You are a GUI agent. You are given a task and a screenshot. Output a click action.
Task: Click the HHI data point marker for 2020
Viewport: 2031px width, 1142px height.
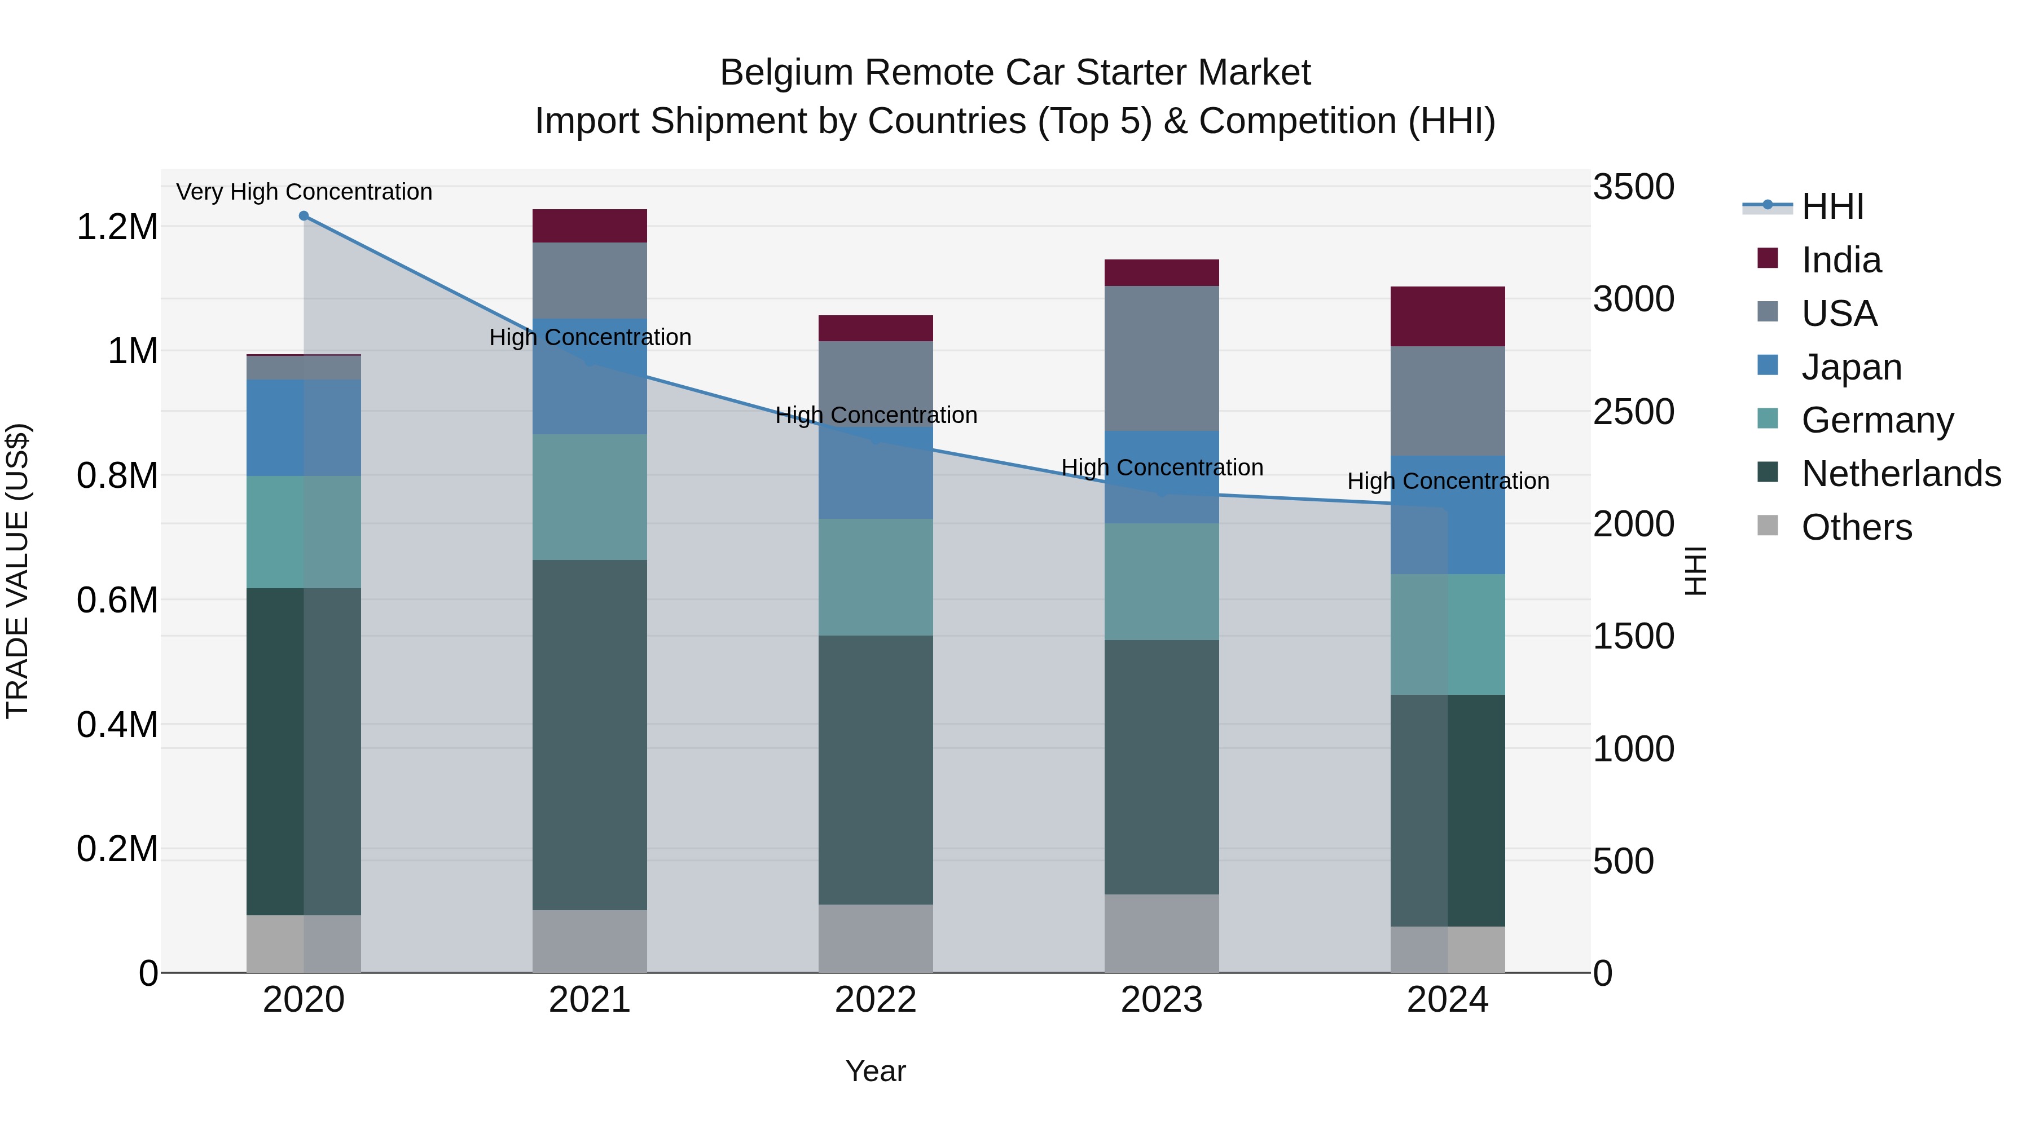click(304, 216)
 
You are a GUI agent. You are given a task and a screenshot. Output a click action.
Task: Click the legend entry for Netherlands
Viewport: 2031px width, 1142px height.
click(1900, 474)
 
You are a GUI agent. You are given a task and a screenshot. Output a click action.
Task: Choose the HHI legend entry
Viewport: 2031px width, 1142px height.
click(1831, 206)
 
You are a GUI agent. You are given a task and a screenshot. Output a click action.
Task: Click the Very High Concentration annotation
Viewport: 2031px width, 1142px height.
click(304, 192)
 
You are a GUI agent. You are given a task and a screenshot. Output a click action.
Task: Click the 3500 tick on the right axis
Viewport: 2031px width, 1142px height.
click(1633, 188)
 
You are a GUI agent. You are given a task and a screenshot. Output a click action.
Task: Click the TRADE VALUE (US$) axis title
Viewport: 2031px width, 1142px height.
click(17, 571)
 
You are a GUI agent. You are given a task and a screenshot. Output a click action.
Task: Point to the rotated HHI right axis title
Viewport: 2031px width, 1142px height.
click(1695, 571)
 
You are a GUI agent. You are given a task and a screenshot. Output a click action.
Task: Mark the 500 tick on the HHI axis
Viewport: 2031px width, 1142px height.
click(1623, 861)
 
